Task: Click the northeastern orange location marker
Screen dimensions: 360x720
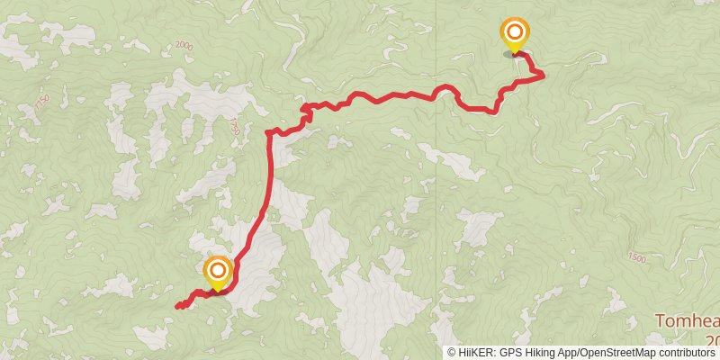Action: (x=514, y=33)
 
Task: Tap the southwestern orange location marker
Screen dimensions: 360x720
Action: (x=218, y=271)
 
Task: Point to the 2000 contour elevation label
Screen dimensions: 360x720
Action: (x=184, y=45)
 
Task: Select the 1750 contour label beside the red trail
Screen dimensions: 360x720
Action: (x=236, y=127)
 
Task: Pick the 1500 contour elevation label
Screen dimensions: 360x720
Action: (x=637, y=258)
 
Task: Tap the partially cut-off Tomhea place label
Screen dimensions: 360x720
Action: (x=687, y=321)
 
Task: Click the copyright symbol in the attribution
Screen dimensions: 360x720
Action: (x=452, y=353)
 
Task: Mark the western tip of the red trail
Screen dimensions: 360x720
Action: (x=176, y=307)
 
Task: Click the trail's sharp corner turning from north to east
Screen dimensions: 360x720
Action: (x=268, y=133)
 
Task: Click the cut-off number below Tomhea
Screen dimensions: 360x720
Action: (x=713, y=340)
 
